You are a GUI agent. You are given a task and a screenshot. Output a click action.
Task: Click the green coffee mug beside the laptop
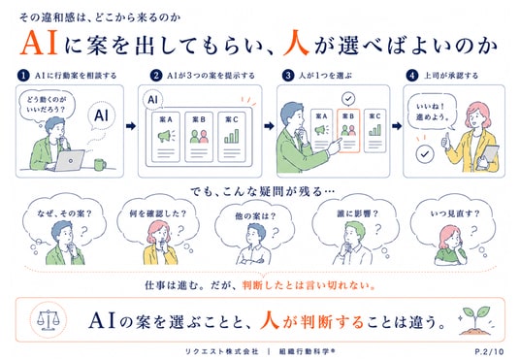click(100, 164)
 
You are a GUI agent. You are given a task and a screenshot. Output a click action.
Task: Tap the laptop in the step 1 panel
click(69, 161)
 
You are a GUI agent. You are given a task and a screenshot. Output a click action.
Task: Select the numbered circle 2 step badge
click(156, 76)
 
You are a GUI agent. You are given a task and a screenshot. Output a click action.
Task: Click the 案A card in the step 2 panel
click(166, 137)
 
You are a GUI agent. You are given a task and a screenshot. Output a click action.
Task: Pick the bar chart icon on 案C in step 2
click(232, 136)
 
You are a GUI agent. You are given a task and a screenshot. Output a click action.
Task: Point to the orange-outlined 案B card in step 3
click(348, 131)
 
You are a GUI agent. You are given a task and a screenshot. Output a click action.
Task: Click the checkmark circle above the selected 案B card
click(348, 99)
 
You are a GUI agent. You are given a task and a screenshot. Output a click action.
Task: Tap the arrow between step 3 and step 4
click(397, 126)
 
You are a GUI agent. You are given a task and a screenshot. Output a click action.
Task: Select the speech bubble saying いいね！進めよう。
click(432, 113)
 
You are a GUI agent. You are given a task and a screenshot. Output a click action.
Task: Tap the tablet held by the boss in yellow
click(489, 157)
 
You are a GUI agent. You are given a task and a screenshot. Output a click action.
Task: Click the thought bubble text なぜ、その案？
click(64, 213)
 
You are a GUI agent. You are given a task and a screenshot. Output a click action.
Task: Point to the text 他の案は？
click(255, 216)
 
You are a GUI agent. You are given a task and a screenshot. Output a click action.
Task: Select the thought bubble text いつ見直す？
click(455, 213)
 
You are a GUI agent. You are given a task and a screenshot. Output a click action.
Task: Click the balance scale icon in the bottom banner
click(49, 320)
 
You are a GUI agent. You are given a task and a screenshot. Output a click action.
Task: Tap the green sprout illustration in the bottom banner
click(475, 320)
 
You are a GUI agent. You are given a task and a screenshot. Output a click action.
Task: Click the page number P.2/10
click(489, 351)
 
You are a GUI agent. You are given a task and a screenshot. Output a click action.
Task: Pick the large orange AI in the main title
click(39, 43)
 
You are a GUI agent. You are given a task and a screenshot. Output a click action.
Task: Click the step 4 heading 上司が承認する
click(451, 76)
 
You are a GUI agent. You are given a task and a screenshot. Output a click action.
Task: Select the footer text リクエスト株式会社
click(221, 351)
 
